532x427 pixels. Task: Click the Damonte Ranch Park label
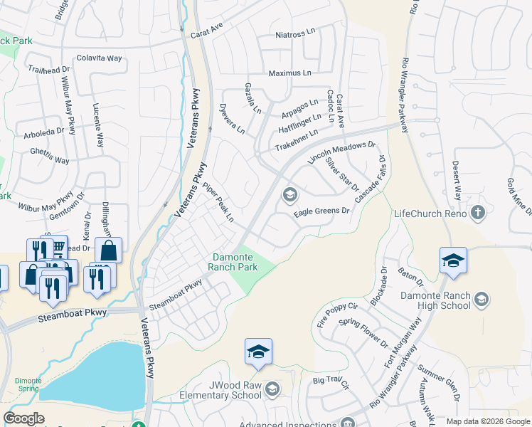(x=233, y=262)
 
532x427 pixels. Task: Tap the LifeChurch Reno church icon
(x=478, y=212)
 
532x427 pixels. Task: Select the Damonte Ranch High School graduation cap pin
(x=453, y=260)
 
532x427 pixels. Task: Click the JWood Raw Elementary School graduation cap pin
(x=258, y=352)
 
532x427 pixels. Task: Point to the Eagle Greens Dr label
(x=322, y=211)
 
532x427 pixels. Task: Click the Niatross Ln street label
(x=295, y=34)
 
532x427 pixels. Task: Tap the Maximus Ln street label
(x=289, y=73)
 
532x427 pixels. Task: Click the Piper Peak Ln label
(x=218, y=202)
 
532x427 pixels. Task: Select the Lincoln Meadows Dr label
(x=341, y=152)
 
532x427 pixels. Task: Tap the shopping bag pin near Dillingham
(x=109, y=251)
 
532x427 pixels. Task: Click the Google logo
(x=23, y=418)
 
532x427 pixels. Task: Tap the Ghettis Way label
(x=50, y=156)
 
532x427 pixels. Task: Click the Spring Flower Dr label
(x=363, y=334)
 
